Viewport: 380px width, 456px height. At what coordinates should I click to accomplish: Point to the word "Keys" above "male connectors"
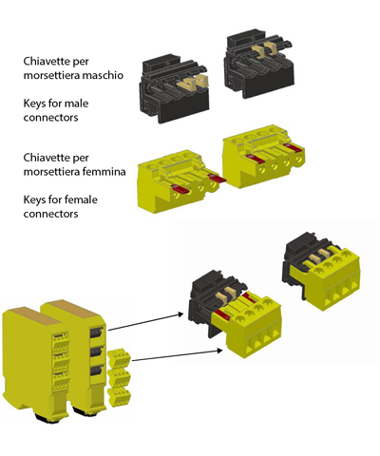[34, 104]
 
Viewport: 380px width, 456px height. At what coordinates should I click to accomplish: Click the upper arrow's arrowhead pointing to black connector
[180, 314]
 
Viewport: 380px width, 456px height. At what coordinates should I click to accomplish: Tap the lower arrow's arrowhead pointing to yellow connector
[219, 350]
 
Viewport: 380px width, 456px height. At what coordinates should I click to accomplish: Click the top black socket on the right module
[97, 332]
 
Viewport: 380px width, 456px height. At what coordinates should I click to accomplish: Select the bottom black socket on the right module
[97, 370]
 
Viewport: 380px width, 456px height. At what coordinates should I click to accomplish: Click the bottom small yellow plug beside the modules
[119, 396]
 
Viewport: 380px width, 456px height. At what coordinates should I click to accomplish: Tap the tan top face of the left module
[33, 315]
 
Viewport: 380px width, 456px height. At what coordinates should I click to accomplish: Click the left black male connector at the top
[174, 88]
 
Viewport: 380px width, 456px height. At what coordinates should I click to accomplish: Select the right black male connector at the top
[258, 64]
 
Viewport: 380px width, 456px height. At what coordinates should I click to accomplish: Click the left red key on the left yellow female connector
[180, 188]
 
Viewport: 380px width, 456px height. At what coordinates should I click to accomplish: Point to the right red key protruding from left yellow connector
[217, 179]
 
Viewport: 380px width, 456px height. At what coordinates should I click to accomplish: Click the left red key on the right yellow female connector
[256, 159]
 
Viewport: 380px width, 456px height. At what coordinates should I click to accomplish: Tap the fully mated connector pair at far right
[321, 272]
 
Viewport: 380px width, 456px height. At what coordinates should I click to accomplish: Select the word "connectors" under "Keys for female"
[50, 214]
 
